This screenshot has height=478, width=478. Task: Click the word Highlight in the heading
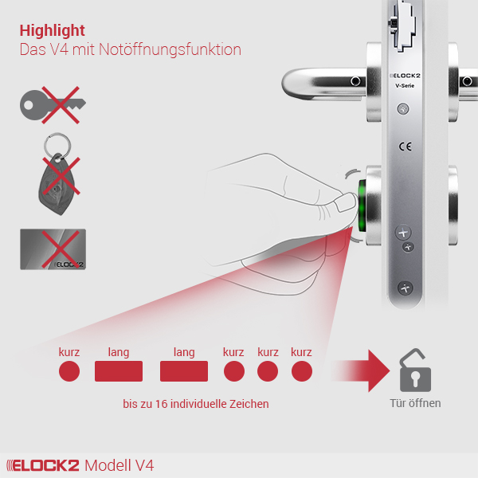coord(52,31)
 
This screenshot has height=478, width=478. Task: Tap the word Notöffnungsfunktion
coord(170,49)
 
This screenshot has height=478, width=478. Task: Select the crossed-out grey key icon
coord(53,105)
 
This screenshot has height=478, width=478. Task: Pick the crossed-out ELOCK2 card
coord(53,249)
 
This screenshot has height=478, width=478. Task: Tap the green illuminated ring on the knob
coord(362,206)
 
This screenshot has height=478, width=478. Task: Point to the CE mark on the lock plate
coord(406,147)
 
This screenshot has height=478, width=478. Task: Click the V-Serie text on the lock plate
coord(405,86)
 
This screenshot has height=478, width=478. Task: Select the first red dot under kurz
coord(69,371)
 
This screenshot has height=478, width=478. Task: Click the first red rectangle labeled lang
coord(119,371)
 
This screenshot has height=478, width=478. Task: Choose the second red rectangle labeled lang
coord(184,371)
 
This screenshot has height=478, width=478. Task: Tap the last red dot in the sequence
coord(302,371)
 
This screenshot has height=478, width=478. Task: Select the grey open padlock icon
coord(415,370)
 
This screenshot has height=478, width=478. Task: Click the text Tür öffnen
coord(415,403)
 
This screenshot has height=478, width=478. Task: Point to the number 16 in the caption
coord(162,404)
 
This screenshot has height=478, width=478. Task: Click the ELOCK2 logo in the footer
coord(43,465)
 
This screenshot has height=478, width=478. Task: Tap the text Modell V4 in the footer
coord(119,465)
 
